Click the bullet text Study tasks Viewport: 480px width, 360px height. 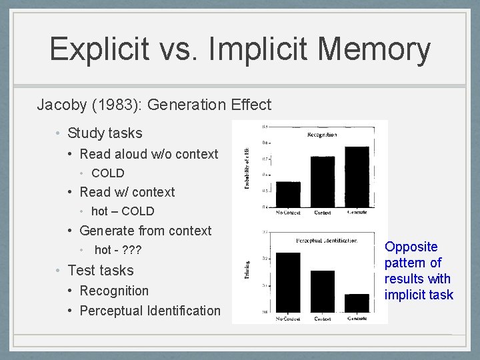(x=105, y=133)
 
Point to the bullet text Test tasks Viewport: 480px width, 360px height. (x=101, y=271)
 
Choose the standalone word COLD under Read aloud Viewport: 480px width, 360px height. (x=108, y=173)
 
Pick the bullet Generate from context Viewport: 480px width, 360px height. (x=145, y=231)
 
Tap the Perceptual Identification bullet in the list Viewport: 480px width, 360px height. (x=150, y=311)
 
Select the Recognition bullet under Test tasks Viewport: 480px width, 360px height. (x=114, y=291)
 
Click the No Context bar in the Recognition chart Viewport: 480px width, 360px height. (x=288, y=194)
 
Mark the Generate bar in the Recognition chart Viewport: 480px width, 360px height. (x=357, y=177)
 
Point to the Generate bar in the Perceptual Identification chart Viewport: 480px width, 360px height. (x=357, y=303)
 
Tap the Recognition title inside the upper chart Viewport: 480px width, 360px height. (x=321, y=135)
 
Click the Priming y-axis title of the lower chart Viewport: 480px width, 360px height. (x=247, y=269)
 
